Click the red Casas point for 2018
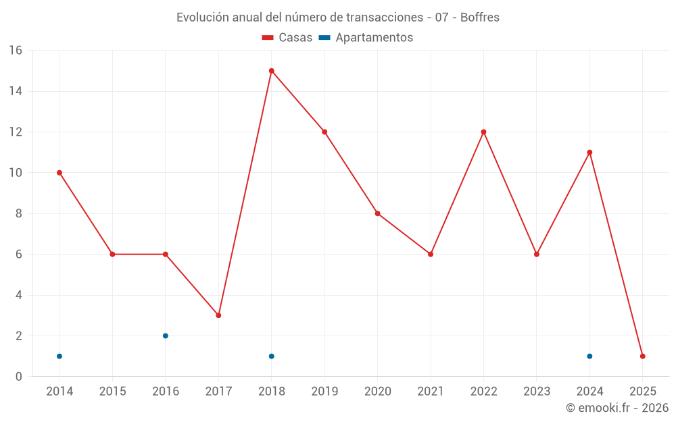pyautogui.click(x=271, y=71)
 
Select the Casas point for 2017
pyautogui.click(x=218, y=315)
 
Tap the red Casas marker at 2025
pyautogui.click(x=642, y=356)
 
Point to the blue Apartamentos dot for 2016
pyautogui.click(x=166, y=336)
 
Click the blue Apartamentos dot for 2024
pyautogui.click(x=589, y=356)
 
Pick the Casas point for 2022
pyautogui.click(x=483, y=132)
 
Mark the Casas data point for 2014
pyautogui.click(x=59, y=173)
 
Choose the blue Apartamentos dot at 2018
pyautogui.click(x=271, y=356)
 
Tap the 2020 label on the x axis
pyautogui.click(x=377, y=391)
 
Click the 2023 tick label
pyautogui.click(x=536, y=391)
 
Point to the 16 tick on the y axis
pyautogui.click(x=16, y=51)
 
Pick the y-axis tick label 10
pyautogui.click(x=16, y=173)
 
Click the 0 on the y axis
pyautogui.click(x=19, y=376)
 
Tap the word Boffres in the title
pyautogui.click(x=480, y=18)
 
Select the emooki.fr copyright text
pyautogui.click(x=617, y=408)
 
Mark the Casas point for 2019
pyautogui.click(x=324, y=132)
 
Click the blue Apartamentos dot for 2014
pyautogui.click(x=59, y=356)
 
